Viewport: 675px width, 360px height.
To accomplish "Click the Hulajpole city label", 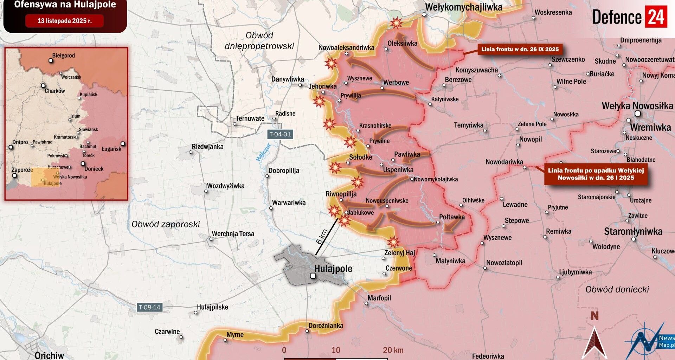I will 333,269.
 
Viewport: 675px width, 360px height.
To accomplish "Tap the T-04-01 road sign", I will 280,134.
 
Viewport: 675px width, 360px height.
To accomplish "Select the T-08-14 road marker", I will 149,307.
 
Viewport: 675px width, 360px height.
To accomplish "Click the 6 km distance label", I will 322,237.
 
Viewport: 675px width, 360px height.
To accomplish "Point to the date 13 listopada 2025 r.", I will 64,21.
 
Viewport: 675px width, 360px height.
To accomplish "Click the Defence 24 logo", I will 629,17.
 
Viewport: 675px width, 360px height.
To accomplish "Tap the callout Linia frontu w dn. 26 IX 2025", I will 520,49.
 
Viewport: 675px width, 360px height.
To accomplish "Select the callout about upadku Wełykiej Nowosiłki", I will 596,174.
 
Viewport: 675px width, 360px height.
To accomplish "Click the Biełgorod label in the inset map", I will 63,56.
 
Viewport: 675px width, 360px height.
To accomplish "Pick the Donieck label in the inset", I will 94,169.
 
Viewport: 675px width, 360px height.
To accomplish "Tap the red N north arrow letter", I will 594,316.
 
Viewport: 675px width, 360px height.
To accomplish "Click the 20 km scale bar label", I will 393,350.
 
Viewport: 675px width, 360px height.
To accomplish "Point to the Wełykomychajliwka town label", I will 463,7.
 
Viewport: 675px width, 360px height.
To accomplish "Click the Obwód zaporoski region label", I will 166,224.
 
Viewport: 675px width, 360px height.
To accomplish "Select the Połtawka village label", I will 452,217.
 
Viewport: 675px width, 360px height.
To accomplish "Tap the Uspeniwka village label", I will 398,170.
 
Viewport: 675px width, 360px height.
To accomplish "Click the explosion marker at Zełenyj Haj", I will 393,242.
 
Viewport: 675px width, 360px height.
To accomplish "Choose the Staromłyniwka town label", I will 633,231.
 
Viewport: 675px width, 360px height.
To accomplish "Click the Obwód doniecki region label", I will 617,289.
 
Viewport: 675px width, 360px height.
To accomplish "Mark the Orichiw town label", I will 49,355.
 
